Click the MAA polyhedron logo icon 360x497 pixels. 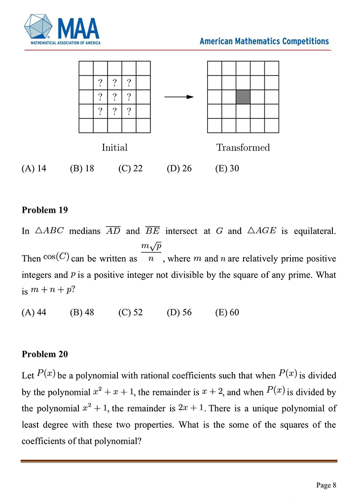click(39, 27)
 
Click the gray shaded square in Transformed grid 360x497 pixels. click(243, 97)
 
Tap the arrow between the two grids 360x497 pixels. click(179, 97)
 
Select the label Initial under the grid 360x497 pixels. click(114, 148)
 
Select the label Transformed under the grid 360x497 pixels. click(243, 148)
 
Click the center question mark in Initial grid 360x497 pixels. click(114, 97)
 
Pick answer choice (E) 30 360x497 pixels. click(227, 169)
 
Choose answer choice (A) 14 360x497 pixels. click(34, 169)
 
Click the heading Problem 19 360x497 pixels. click(45, 210)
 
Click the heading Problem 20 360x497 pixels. click(45, 354)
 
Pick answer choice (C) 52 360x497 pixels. click(131, 312)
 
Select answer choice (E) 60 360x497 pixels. click(227, 312)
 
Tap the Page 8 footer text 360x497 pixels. click(326, 484)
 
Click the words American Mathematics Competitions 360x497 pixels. click(264, 41)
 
